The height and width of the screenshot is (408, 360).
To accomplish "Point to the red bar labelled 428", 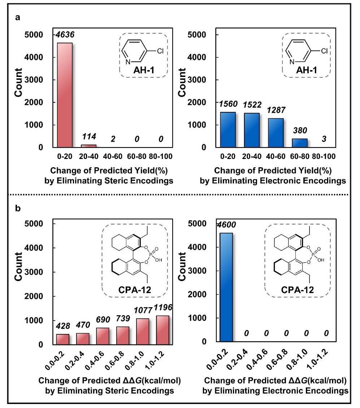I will [62, 339].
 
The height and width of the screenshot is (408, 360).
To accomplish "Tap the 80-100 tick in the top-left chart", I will [163, 157].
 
